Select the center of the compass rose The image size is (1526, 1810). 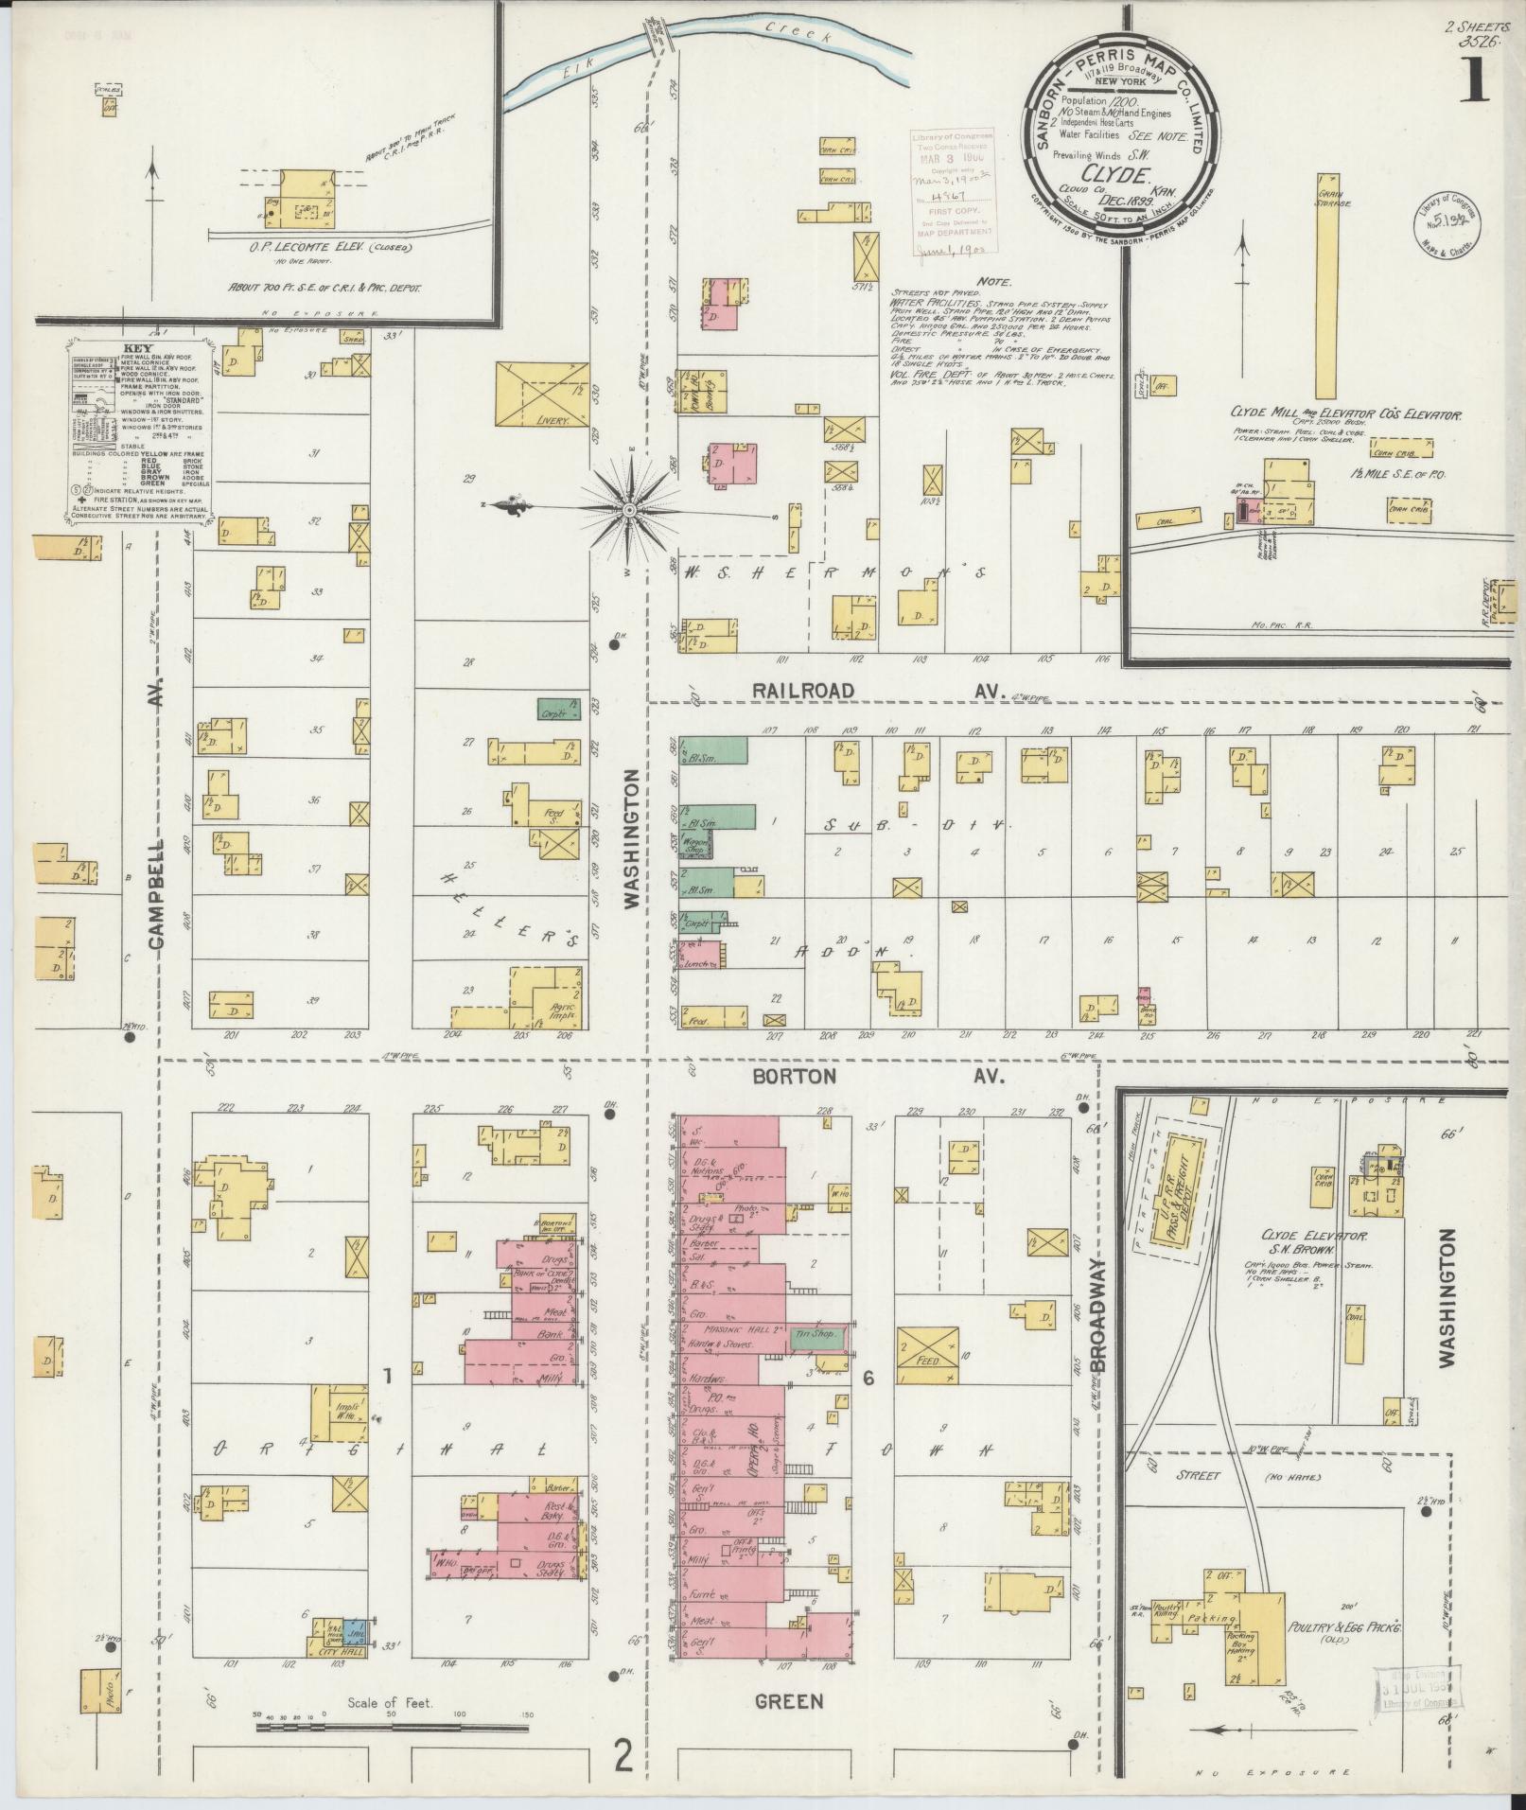[x=628, y=511]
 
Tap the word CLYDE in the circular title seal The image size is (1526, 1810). [x=1122, y=174]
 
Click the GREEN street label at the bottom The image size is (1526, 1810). [x=789, y=1701]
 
